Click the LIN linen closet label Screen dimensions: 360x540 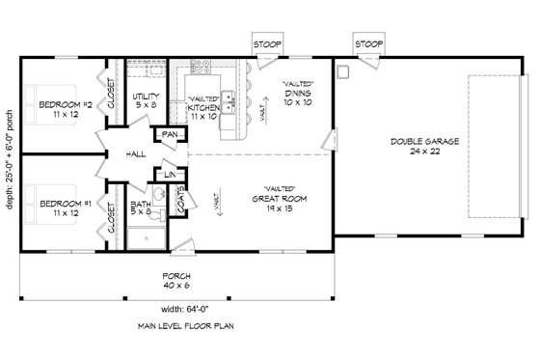tap(167, 174)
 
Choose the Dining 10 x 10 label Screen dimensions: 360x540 tap(297, 94)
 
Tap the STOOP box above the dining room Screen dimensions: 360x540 tap(266, 45)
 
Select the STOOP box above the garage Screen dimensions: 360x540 tap(367, 45)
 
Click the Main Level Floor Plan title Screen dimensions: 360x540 tap(175, 327)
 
